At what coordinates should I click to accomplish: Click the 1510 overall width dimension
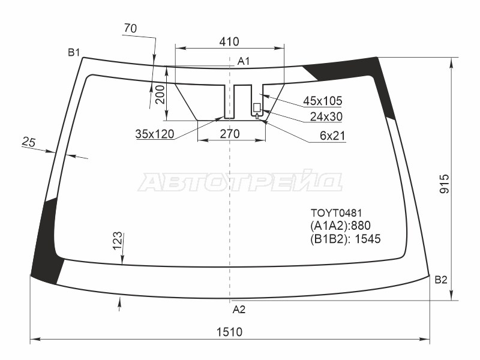coord(229,332)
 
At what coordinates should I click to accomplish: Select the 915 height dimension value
coord(445,184)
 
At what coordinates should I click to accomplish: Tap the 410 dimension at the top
coord(229,41)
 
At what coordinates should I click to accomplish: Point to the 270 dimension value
coord(230,134)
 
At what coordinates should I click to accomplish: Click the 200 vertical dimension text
coord(160,94)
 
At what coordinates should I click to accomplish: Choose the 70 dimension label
coord(130,28)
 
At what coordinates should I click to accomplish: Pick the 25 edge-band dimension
coord(29,142)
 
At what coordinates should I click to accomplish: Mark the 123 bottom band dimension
coord(117,241)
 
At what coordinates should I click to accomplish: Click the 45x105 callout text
coord(323,100)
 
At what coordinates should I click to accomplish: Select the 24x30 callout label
coord(326,116)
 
